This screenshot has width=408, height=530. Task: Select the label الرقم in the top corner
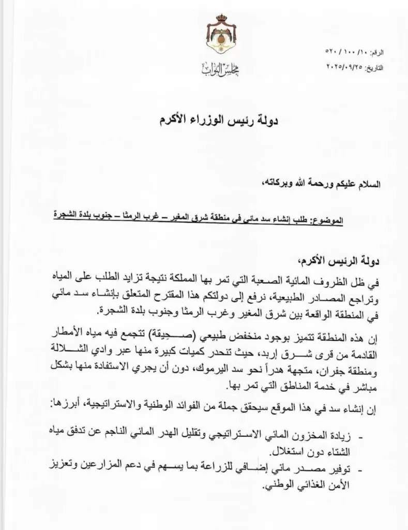click(x=392, y=53)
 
